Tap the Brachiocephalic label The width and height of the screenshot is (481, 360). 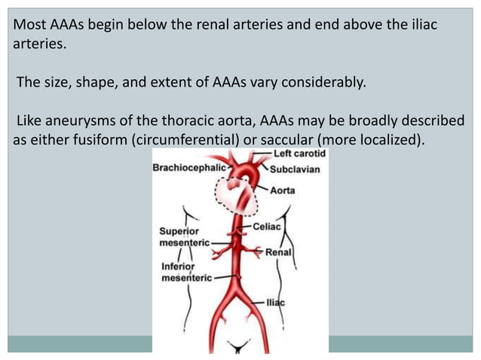[188, 169]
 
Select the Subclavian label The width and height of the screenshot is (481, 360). [294, 169]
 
